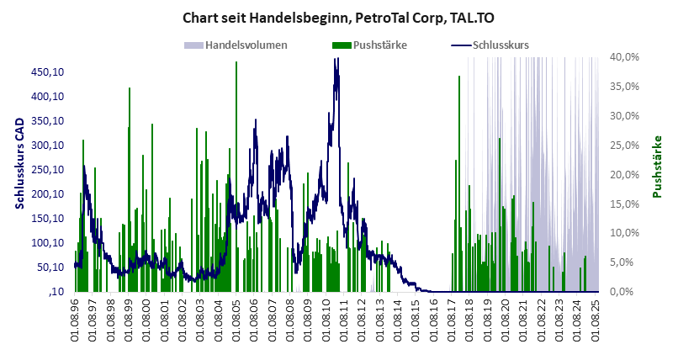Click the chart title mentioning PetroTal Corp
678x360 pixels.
(339, 16)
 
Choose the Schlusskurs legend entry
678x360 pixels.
(501, 45)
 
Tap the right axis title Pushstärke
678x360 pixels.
(657, 167)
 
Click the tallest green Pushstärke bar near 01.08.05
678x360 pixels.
(236, 63)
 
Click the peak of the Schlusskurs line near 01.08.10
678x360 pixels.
(336, 60)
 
